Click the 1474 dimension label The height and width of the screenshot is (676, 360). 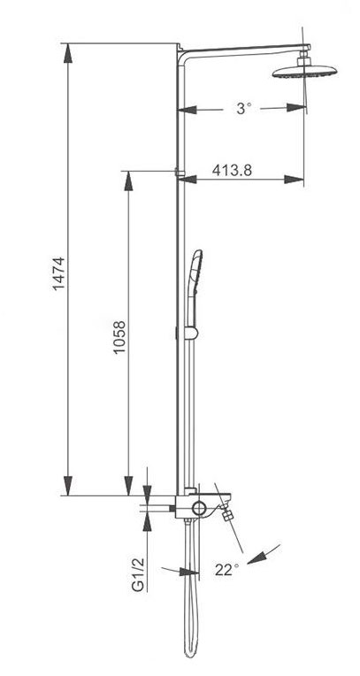[x=58, y=273]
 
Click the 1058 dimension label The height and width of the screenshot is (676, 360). [x=119, y=338]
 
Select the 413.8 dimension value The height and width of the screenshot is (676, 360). [x=232, y=170]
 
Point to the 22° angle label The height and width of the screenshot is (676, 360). [x=226, y=570]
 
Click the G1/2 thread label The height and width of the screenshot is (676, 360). [x=137, y=574]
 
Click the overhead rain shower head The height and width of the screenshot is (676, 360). [x=305, y=72]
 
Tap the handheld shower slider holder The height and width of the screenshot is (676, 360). [x=190, y=334]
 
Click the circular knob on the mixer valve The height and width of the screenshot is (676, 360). [x=200, y=508]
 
